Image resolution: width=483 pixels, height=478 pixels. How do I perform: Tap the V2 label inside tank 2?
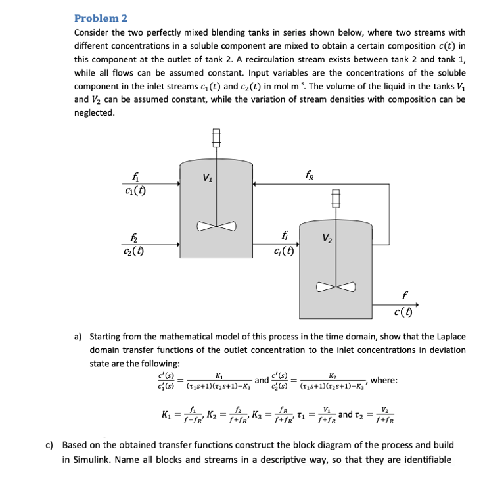coord(328,239)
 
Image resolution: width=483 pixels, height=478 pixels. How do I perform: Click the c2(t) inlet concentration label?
coord(133,249)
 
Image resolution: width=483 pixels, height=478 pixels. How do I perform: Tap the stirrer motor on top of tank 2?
coord(336,197)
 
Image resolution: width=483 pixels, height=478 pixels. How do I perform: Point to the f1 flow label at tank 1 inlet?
coord(135,175)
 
